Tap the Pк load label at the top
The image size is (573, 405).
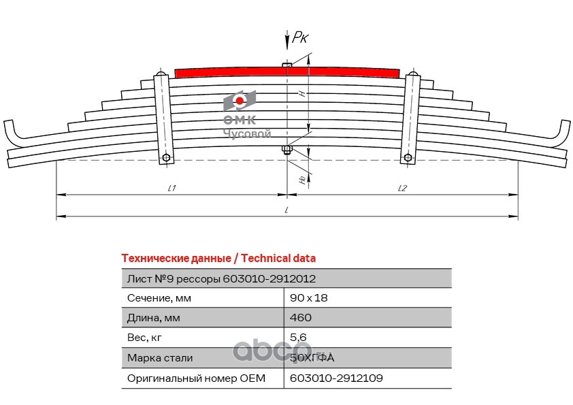pos(300,38)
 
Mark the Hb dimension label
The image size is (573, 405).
pos(302,178)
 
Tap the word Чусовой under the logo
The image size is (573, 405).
pos(248,134)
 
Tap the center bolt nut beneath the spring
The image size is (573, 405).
pos(287,149)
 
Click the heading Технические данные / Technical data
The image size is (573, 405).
pos(218,259)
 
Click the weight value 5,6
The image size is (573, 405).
pos(298,337)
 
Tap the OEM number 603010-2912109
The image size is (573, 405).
pos(331,378)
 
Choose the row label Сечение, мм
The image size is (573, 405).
pos(159,297)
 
